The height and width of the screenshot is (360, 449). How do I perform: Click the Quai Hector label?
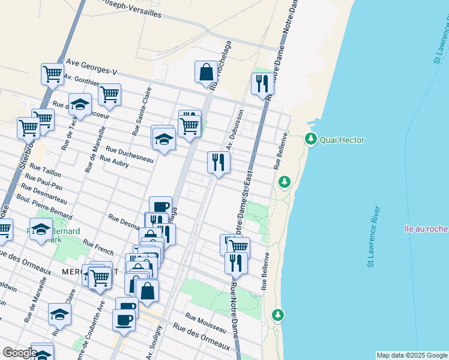pos(342,140)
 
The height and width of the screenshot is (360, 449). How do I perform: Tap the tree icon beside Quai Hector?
pos(311,139)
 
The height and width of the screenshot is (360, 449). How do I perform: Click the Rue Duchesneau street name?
pos(130,155)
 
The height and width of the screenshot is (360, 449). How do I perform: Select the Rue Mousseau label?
pos(205,323)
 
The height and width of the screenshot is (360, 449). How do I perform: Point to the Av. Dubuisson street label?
pos(235,130)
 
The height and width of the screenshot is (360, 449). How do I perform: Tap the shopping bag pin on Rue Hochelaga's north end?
pos(206,71)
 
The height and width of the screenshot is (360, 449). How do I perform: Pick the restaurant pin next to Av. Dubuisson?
pos(218,161)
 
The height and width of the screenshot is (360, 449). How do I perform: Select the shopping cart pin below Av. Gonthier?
pos(109,94)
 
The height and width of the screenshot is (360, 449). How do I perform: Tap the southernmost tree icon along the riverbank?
pos(277,314)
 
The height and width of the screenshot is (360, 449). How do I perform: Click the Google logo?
pos(19,353)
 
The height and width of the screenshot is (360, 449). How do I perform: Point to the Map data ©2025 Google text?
pos(412,355)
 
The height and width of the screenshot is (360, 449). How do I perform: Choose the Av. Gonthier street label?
pos(82,80)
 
